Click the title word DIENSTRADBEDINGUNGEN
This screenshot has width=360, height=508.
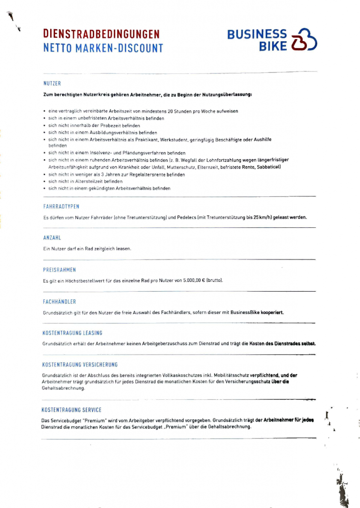(x=101, y=34)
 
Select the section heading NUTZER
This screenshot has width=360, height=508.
(x=52, y=83)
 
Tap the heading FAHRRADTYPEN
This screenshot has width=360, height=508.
(x=62, y=206)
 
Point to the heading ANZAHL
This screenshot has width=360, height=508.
(x=52, y=238)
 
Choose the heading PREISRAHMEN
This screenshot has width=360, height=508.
(x=60, y=270)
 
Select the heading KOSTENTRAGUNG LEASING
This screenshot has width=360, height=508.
(x=72, y=333)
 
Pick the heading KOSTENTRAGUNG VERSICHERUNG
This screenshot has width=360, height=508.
(x=79, y=365)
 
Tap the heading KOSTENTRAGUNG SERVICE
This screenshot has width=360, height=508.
(x=72, y=410)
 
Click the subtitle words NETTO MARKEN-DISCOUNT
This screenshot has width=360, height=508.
(x=103, y=48)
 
